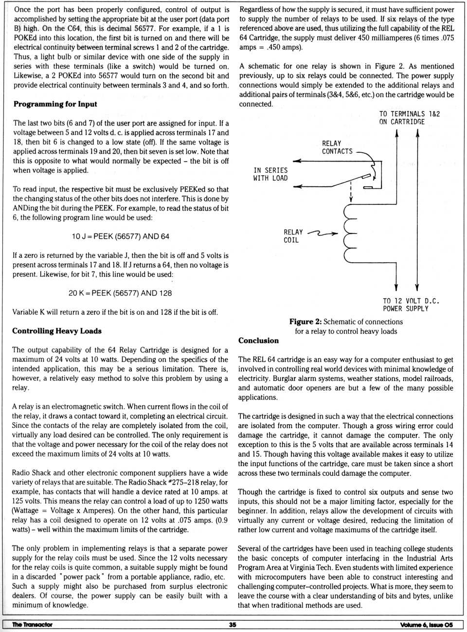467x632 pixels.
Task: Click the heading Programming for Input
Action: [55, 104]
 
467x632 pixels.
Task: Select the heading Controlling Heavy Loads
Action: [57, 331]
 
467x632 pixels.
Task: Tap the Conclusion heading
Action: [258, 341]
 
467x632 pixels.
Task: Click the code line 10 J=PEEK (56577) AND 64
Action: [120, 236]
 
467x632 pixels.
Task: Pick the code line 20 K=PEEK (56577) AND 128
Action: [120, 293]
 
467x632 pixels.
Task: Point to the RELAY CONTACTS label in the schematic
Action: [337, 147]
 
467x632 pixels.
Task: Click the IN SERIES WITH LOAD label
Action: [270, 174]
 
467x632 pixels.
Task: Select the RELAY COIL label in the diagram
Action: [293, 236]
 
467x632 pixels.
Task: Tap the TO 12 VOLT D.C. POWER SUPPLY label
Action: [411, 305]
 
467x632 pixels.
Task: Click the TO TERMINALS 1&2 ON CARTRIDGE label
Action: [409, 118]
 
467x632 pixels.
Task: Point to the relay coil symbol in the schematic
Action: [350, 233]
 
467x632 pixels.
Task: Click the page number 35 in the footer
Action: [233, 625]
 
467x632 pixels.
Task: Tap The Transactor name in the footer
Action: [32, 625]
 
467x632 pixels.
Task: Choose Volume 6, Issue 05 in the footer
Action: [426, 625]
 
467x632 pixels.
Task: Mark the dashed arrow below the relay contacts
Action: [351, 192]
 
